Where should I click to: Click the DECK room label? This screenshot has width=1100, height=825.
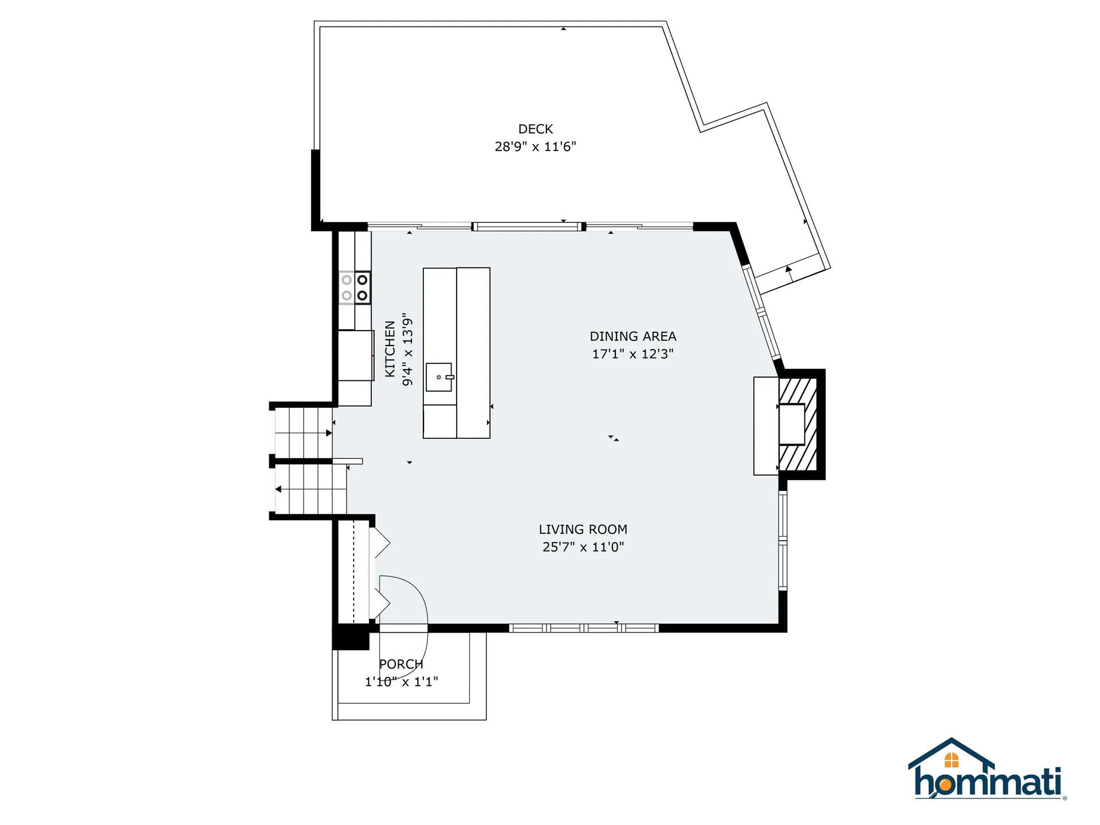click(x=535, y=129)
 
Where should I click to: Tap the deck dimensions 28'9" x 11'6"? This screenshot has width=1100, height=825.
click(x=535, y=147)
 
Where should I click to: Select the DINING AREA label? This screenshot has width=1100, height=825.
click(x=632, y=336)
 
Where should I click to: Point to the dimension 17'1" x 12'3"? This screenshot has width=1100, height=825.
click(x=632, y=354)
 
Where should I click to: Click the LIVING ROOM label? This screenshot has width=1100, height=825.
click(x=583, y=529)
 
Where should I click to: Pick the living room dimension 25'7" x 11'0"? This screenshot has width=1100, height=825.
click(x=583, y=547)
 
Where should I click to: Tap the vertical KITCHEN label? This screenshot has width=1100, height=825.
click(x=390, y=349)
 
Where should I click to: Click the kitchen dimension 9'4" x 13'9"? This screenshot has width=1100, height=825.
click(x=407, y=349)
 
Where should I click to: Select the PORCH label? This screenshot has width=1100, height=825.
click(x=401, y=664)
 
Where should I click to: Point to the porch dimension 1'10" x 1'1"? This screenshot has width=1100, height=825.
click(x=401, y=682)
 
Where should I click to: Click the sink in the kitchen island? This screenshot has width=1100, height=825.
click(x=439, y=377)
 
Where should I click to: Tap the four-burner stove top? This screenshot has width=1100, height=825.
click(x=355, y=288)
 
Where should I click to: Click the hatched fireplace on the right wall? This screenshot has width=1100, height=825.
click(x=798, y=424)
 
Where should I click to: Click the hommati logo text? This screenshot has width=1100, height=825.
click(x=988, y=783)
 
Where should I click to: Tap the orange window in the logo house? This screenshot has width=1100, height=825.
click(x=951, y=760)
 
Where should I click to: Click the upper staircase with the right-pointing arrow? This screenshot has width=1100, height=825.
click(x=302, y=433)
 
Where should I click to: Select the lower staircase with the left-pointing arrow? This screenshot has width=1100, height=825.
click(x=309, y=489)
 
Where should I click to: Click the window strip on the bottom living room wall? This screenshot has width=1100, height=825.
click(x=583, y=628)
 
